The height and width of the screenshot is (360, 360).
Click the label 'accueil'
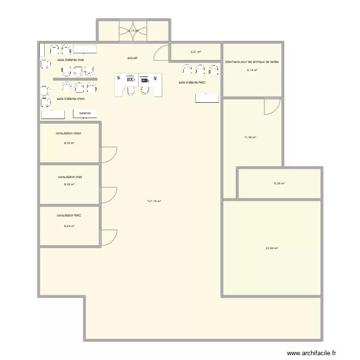pos(132,58)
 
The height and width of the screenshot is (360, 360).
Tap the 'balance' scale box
pos(85,113)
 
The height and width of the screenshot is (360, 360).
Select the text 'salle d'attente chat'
pos(71,60)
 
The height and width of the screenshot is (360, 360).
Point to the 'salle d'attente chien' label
pos(71,98)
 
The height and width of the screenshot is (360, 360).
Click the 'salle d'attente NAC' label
pos(192,83)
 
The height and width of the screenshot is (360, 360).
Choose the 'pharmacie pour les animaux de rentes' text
pos(252,62)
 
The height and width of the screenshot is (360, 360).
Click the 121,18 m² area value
pos(154,202)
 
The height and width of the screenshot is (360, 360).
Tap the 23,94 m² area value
pos(272,248)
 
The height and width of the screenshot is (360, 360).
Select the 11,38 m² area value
pos(250,137)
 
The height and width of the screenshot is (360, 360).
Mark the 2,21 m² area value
pos(195,52)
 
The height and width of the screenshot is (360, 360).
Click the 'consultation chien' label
pos(69,133)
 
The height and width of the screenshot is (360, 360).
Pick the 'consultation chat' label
pos(70,177)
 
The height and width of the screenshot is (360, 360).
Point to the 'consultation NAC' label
pos(69,216)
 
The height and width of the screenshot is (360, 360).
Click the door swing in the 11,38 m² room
pos(272,107)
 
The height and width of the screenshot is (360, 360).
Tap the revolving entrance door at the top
pos(133,30)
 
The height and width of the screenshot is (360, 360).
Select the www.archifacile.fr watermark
pos(312,353)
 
